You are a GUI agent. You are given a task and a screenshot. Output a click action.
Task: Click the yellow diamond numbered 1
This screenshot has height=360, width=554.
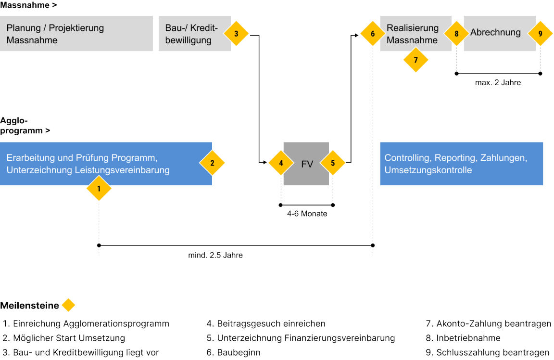99,189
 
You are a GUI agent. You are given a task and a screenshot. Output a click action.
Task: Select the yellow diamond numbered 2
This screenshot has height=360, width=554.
212,163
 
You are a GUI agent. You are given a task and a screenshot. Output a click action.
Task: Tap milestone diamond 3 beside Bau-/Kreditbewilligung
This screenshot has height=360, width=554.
236,34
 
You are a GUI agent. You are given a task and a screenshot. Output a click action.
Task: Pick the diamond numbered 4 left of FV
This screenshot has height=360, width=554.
280,163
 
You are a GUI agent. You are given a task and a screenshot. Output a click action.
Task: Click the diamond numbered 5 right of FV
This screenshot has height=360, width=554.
333,163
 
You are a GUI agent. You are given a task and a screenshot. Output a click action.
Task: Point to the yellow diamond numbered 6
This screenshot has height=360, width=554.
373,34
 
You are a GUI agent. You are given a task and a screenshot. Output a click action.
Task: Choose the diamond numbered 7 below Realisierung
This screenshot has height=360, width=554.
415,60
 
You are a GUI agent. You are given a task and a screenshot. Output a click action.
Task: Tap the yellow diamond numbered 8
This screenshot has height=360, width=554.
456,34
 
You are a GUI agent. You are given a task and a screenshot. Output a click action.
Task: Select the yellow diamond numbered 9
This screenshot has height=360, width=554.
540,34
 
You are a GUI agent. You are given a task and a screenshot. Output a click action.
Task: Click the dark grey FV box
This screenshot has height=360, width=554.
307,164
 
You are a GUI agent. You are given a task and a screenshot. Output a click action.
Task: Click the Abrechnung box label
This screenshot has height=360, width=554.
495,33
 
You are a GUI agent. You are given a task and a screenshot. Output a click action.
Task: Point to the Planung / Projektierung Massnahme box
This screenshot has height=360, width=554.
76,34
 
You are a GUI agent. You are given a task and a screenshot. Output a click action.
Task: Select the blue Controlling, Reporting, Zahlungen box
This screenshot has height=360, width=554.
461,164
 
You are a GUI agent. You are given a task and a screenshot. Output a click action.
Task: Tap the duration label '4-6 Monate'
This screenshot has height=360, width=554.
307,214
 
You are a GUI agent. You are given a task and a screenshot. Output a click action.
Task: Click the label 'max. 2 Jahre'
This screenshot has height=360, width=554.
498,82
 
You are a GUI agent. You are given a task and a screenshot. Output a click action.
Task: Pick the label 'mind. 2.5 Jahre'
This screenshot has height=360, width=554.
215,255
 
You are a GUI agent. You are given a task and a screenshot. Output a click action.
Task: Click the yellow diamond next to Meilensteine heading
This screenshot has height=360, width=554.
68,305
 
